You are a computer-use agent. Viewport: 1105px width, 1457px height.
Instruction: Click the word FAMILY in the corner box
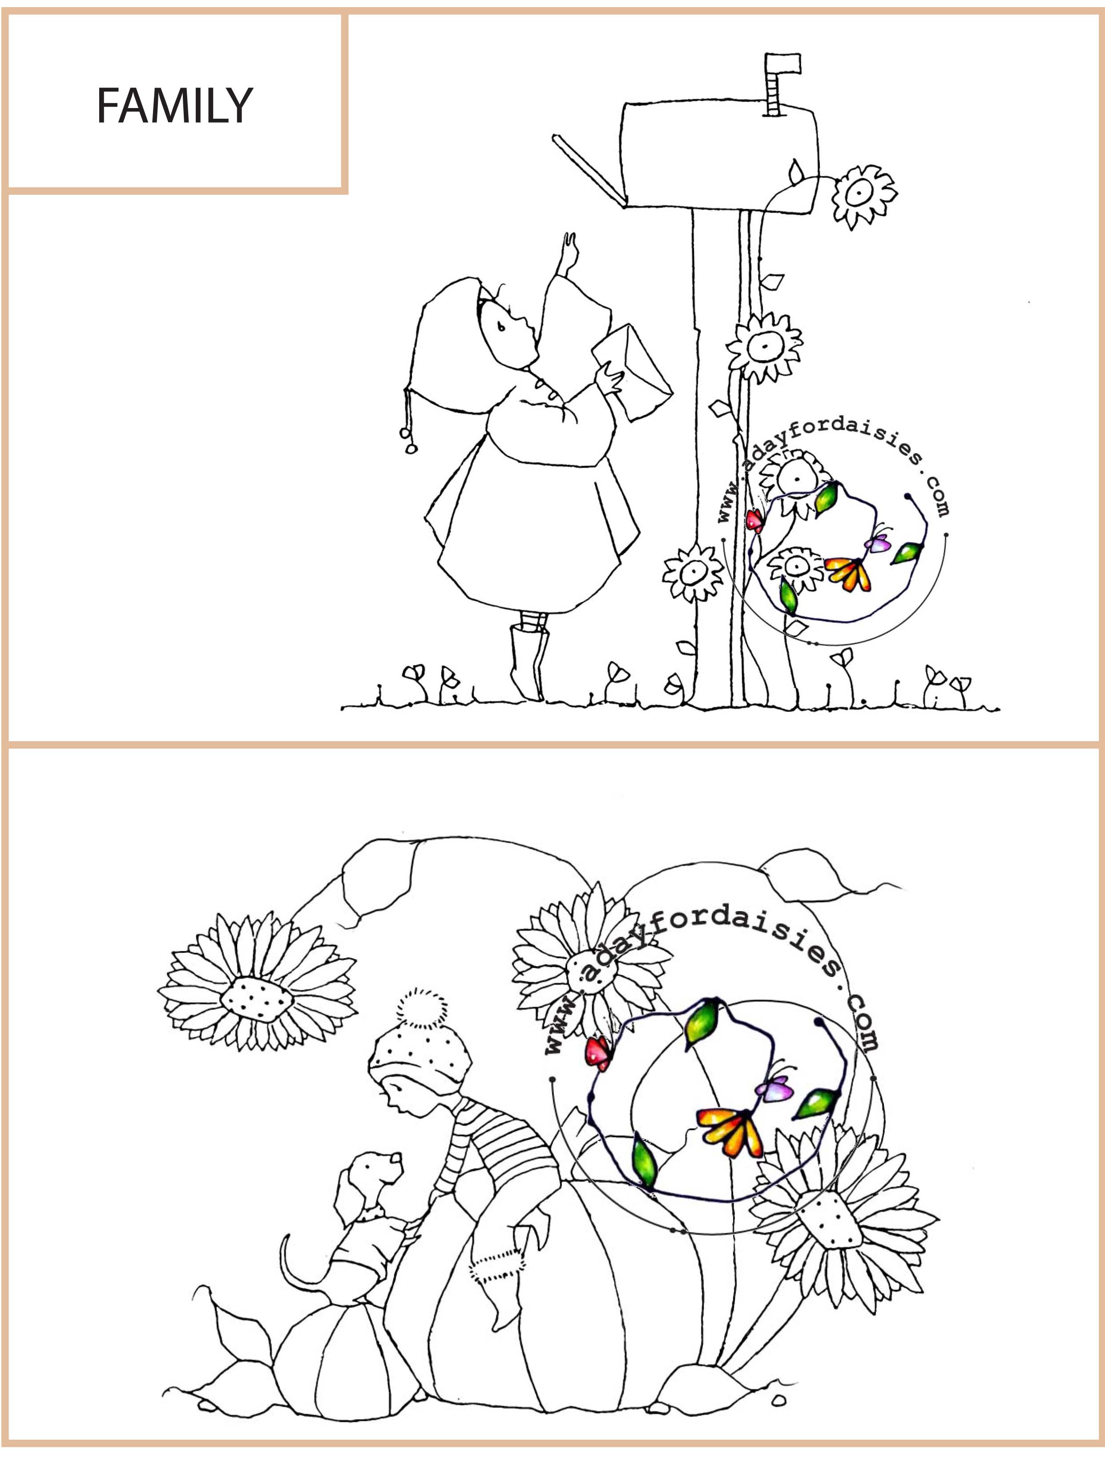(175, 105)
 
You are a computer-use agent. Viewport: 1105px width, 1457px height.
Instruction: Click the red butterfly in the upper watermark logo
(754, 522)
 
